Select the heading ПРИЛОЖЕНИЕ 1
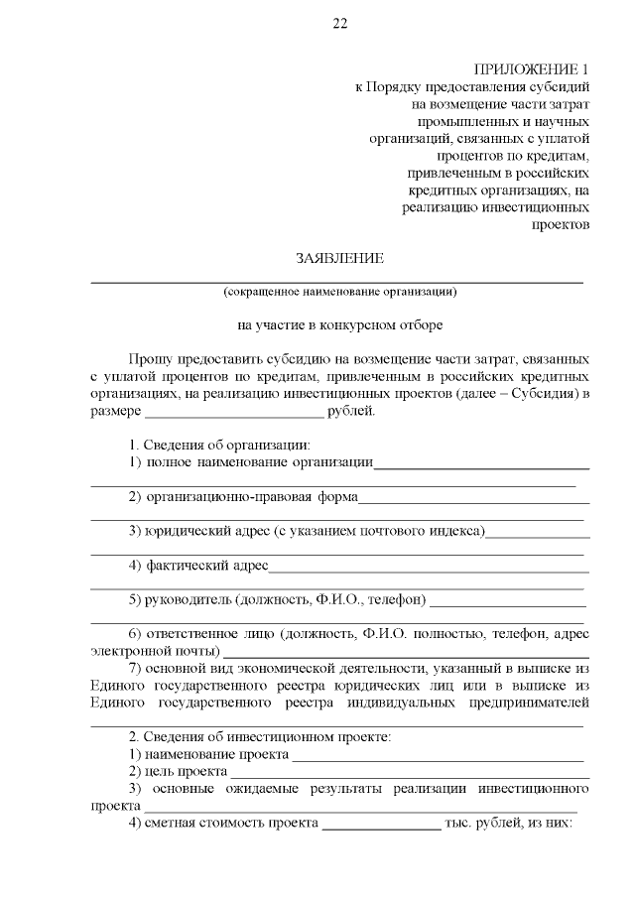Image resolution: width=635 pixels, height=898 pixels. pyautogui.click(x=532, y=69)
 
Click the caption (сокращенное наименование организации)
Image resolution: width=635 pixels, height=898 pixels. pyautogui.click(x=339, y=292)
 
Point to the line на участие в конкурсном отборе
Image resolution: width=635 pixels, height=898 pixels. pyautogui.click(x=339, y=323)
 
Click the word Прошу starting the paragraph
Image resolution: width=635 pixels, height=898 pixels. pyautogui.click(x=149, y=357)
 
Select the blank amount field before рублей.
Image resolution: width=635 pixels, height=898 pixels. pyautogui.click(x=234, y=410)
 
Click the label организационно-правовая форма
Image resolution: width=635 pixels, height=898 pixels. pyautogui.click(x=251, y=496)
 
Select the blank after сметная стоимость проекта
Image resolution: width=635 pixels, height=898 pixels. pyautogui.click(x=381, y=824)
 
